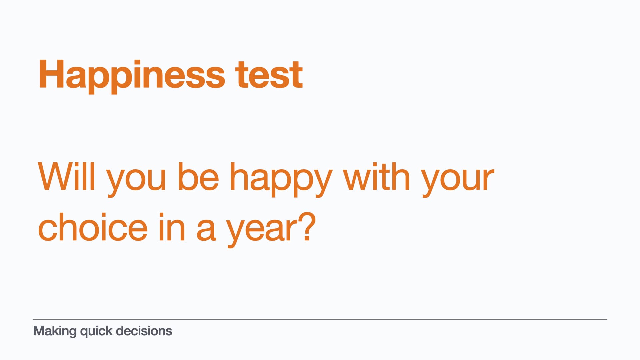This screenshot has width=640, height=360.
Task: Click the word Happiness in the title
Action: click(132, 76)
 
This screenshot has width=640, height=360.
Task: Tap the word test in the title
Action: click(269, 75)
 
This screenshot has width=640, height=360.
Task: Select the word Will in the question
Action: click(67, 177)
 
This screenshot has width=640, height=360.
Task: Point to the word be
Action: click(198, 177)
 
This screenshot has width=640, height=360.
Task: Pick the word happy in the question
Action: click(281, 180)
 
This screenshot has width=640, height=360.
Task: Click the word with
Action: click(376, 177)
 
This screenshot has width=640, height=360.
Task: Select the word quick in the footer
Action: click(96, 332)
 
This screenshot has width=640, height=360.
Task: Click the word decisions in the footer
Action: click(144, 331)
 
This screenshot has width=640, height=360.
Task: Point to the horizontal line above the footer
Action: click(320, 319)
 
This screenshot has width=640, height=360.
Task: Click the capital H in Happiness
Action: click(51, 74)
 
